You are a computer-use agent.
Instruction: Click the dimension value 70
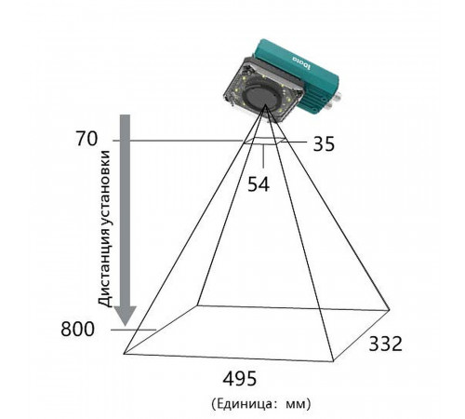[x=86, y=139]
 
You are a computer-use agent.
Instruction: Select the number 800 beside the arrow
[x=77, y=329]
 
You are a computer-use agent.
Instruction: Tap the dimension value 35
[x=324, y=143]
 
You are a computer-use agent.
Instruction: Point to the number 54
[x=259, y=184]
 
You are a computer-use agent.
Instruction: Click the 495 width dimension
[x=240, y=378]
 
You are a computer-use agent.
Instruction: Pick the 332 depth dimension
[x=385, y=344]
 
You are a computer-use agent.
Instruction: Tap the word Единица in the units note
[x=246, y=404]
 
